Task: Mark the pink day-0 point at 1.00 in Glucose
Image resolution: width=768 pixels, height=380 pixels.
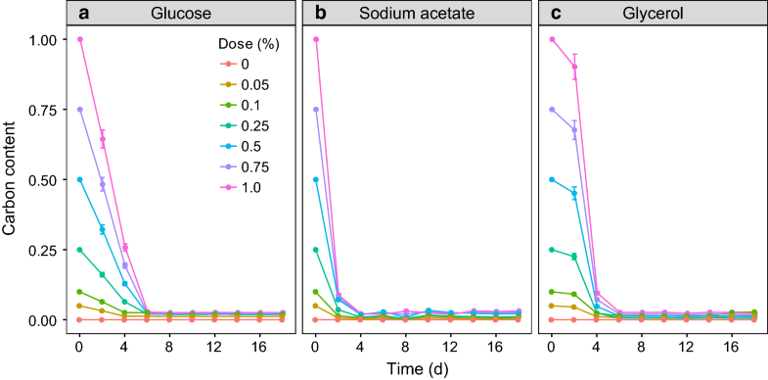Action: pyautogui.click(x=79, y=39)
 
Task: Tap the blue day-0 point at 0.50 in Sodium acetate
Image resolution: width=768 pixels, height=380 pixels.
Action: pyautogui.click(x=316, y=179)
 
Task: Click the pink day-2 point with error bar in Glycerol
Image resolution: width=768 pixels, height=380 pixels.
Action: pyautogui.click(x=574, y=67)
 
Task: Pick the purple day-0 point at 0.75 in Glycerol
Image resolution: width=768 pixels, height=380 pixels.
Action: pyautogui.click(x=553, y=110)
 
